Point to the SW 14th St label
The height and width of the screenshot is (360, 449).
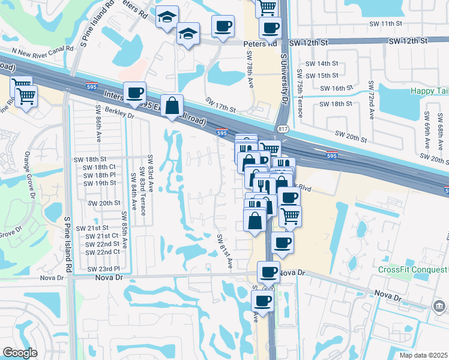pyautogui.click(x=322, y=63)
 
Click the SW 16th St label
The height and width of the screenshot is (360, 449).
pyautogui.click(x=336, y=88)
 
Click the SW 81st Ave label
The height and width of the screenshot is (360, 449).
pyautogui.click(x=224, y=250)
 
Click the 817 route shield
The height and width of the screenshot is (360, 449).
pyautogui.click(x=284, y=128)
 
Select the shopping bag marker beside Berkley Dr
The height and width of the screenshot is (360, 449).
pyautogui.click(x=172, y=106)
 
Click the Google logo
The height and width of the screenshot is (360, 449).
pyautogui.click(x=20, y=353)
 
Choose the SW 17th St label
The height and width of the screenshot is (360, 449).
pyautogui.click(x=220, y=104)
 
